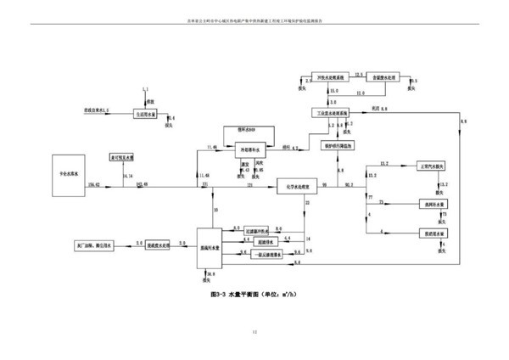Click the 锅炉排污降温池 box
(338, 145)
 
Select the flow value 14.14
(129, 176)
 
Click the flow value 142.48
(141, 183)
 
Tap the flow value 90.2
(350, 183)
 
